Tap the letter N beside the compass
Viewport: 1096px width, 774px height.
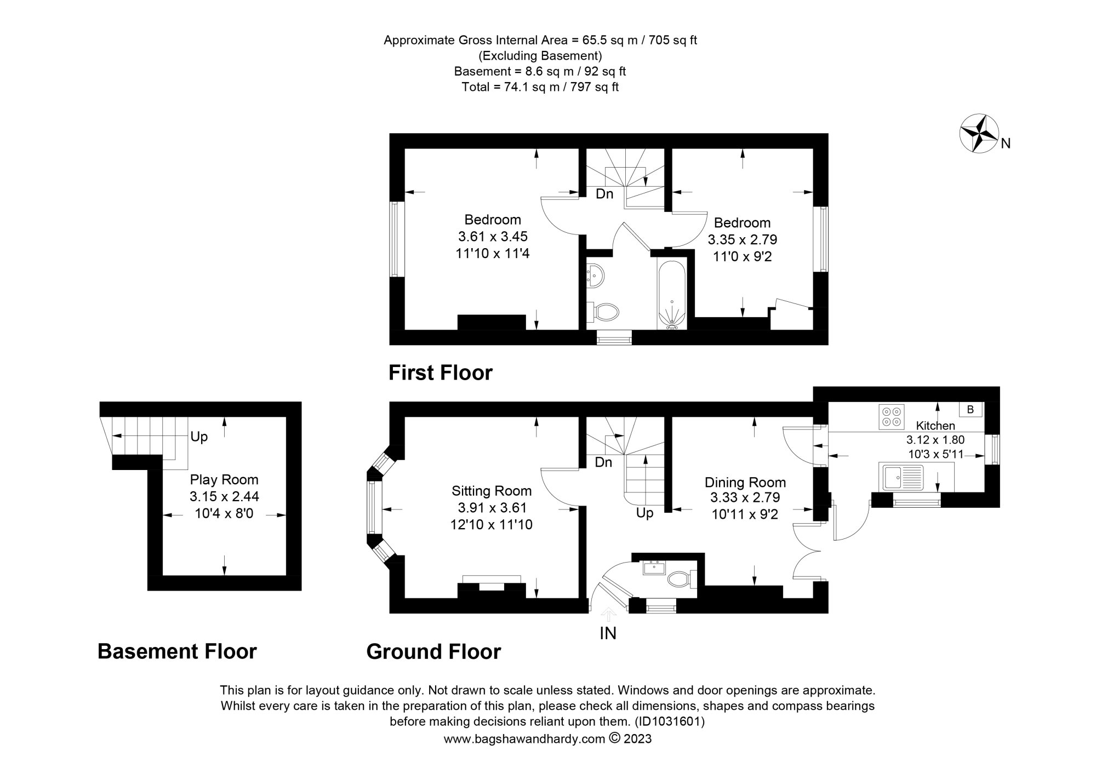[1006, 144]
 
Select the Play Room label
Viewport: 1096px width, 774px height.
[224, 480]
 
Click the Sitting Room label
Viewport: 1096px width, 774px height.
[491, 491]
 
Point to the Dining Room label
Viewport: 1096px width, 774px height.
[745, 483]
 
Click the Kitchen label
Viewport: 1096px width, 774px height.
[935, 426]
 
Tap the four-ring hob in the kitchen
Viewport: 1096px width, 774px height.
[892, 416]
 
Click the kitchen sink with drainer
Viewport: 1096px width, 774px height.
[901, 477]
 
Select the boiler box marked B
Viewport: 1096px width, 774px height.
[970, 409]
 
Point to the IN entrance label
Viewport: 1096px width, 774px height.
[608, 633]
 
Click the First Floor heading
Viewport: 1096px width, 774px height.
[440, 373]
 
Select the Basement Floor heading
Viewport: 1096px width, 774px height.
[177, 652]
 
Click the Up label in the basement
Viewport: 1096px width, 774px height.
[199, 437]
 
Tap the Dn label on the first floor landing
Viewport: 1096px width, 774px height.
[604, 194]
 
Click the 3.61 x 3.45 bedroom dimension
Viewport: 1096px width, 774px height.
[492, 237]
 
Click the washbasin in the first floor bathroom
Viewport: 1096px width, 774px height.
[595, 275]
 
